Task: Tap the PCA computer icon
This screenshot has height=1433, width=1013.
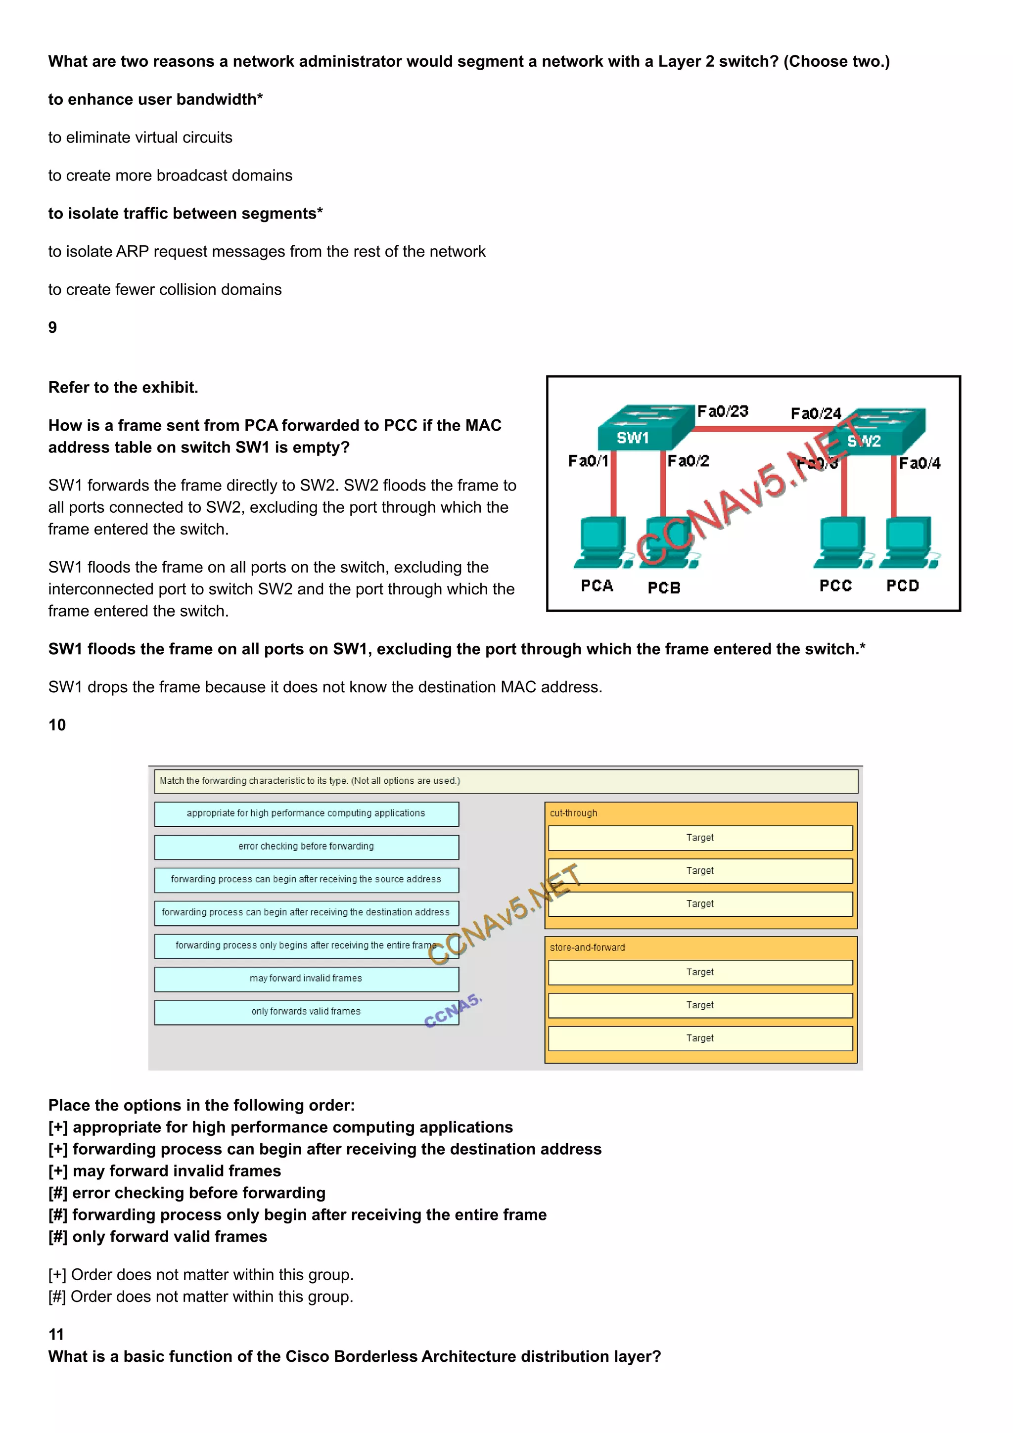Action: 601,542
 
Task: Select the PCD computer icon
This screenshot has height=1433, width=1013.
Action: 908,542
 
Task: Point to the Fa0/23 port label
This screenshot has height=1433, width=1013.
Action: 722,411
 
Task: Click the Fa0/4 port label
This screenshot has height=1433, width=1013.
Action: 919,463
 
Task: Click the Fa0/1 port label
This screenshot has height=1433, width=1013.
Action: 587,461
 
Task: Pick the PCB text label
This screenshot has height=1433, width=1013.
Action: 663,588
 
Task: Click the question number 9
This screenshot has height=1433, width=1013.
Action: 52,328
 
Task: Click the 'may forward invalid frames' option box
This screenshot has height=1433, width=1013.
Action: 306,979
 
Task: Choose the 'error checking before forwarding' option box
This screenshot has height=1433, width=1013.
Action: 306,847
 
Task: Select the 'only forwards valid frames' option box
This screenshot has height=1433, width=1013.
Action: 306,1012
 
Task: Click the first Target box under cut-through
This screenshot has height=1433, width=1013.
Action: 700,838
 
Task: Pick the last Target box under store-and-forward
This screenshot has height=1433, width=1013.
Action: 700,1038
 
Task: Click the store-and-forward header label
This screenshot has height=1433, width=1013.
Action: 587,947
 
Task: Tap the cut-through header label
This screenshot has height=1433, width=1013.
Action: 573,813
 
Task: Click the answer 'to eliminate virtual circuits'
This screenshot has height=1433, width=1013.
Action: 140,137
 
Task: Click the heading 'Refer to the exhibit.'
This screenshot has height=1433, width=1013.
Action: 123,388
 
